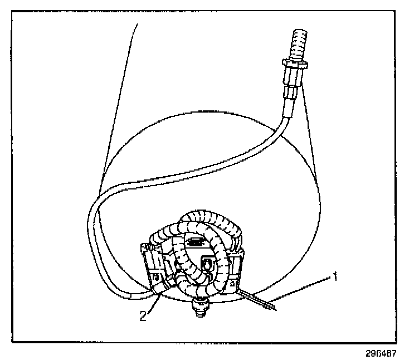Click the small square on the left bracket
coord(155,275)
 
